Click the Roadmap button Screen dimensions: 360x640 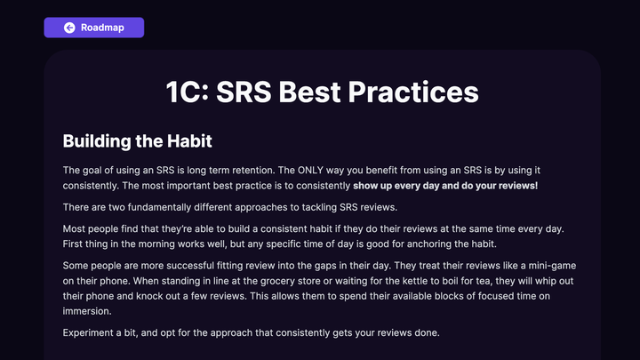93,28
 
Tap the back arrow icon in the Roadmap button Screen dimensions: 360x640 69,28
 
